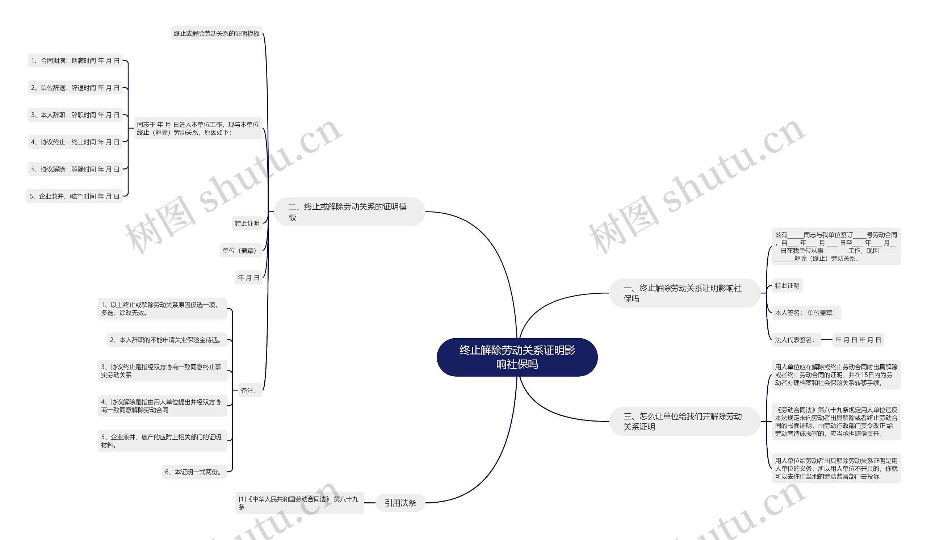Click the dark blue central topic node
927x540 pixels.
point(517,357)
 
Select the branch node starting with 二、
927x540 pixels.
point(349,212)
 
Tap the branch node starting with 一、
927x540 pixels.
point(684,293)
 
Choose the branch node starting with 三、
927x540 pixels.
point(684,421)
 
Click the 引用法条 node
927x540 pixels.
point(400,503)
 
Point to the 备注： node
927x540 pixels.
point(249,391)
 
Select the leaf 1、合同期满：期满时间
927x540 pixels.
point(75,61)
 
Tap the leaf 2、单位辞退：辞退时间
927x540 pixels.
point(75,88)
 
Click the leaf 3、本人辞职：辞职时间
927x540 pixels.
point(75,115)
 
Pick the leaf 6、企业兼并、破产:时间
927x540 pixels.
point(74,196)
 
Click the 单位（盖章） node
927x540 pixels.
point(240,251)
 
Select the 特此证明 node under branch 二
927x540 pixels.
point(247,223)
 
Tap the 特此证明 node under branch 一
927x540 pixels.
point(787,285)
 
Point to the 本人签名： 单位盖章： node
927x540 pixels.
point(806,313)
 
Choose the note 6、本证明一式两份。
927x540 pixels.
point(194,472)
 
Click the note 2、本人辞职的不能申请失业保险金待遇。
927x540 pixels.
point(166,340)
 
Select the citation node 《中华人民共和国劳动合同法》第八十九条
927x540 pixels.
point(299,503)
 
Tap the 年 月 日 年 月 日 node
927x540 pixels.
point(858,340)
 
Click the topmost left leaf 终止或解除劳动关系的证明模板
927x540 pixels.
point(216,33)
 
